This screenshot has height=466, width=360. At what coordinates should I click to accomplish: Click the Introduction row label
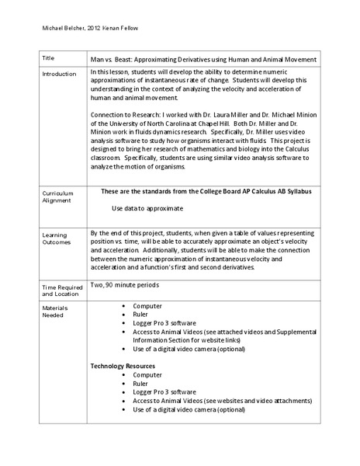[59, 75]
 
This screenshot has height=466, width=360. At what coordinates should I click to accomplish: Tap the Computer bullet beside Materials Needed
[147, 306]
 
